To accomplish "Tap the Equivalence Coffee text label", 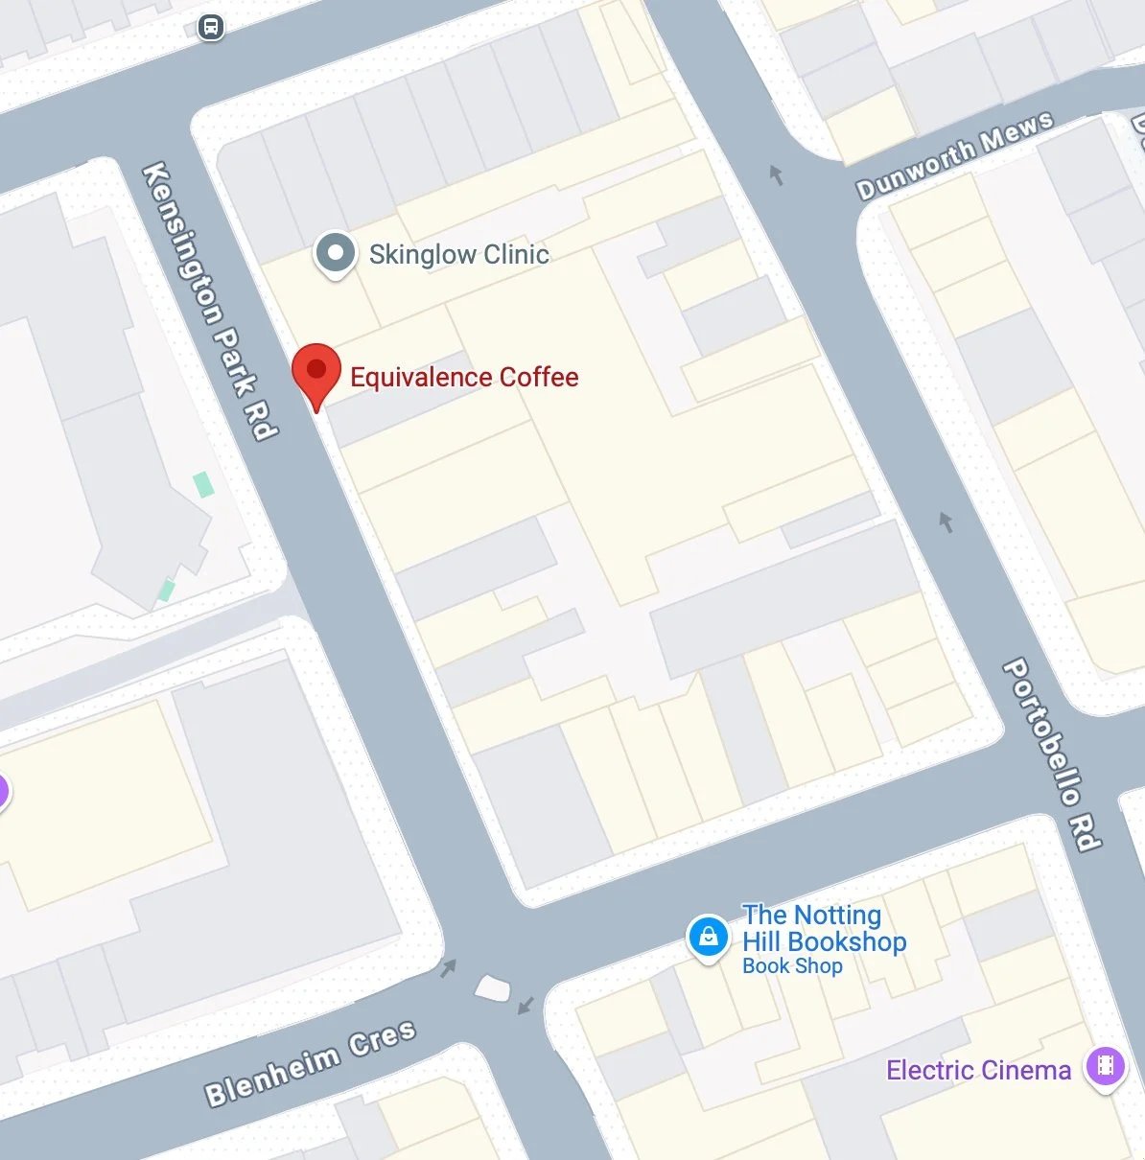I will point(464,377).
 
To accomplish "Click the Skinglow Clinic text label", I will point(458,254).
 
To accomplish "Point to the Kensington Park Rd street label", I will point(210,300).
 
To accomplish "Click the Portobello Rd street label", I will point(1052,754).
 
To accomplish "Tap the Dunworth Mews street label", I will point(954,155).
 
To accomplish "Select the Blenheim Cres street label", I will point(311,1062).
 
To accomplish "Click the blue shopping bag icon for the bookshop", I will point(708,937).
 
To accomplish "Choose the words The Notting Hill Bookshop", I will point(824,928).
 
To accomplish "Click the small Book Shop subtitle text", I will point(792,966).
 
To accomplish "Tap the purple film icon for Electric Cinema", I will point(1105,1065).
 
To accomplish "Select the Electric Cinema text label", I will point(978,1070).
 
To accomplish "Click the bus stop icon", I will point(211,27).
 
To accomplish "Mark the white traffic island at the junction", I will point(493,987).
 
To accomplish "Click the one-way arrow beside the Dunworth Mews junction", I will point(777,174).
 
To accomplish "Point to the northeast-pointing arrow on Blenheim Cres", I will point(448,968).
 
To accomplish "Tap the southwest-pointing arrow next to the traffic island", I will point(526,1005).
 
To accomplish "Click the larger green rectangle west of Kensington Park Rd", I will point(203,484).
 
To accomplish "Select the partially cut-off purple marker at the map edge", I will point(3,792).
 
